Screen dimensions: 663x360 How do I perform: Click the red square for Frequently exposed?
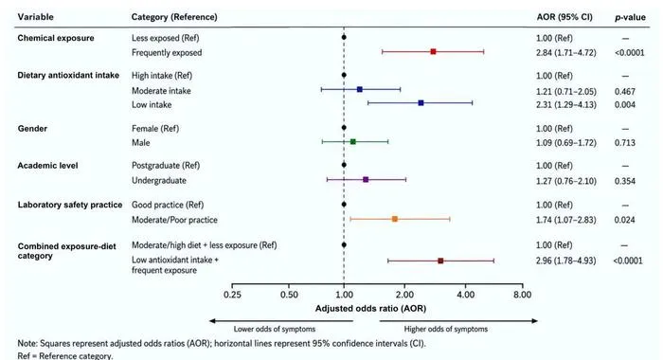click(433, 51)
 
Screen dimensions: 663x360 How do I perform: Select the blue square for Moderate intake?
click(359, 89)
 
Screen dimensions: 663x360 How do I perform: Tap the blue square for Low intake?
click(421, 103)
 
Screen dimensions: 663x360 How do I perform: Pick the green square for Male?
click(353, 142)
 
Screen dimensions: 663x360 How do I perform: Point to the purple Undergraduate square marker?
click(366, 179)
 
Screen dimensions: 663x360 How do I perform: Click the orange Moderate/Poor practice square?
click(395, 219)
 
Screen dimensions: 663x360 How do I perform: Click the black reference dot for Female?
click(344, 127)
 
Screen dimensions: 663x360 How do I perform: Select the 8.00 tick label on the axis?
click(522, 295)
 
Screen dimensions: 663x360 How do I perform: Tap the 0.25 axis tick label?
click(232, 295)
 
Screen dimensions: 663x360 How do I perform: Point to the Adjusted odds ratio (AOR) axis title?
click(370, 309)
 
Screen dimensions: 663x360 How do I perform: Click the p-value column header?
click(630, 17)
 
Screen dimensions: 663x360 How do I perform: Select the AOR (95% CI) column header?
click(564, 17)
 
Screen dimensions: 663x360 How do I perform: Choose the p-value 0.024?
click(625, 220)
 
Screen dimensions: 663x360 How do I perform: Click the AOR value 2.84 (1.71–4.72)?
click(566, 52)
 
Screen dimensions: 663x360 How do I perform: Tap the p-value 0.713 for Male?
click(625, 142)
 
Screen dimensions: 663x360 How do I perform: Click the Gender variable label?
click(32, 128)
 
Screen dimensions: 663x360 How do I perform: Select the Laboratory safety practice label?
click(70, 205)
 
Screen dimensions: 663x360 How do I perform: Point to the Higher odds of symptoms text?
click(446, 329)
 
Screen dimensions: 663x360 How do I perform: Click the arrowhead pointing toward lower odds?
click(213, 321)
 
